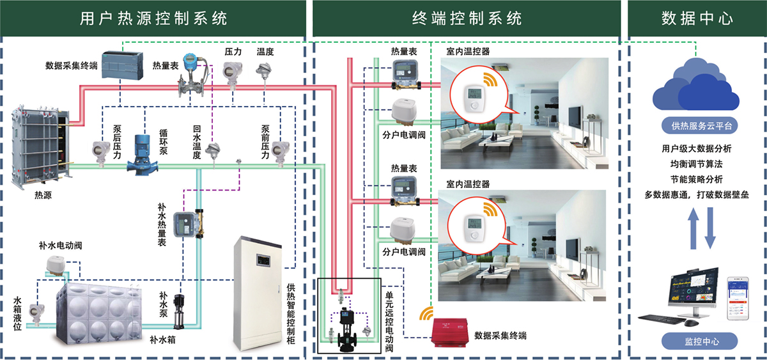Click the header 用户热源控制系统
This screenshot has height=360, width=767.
[x=153, y=18]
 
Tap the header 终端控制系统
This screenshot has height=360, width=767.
[x=467, y=18]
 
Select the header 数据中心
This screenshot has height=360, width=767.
[x=697, y=18]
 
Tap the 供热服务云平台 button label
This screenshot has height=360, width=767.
[x=697, y=125]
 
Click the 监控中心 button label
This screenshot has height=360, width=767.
[x=697, y=340]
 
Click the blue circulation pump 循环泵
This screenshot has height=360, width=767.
[x=141, y=153]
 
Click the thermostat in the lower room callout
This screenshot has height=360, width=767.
[x=474, y=224]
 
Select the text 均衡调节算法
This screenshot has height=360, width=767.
[x=697, y=164]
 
